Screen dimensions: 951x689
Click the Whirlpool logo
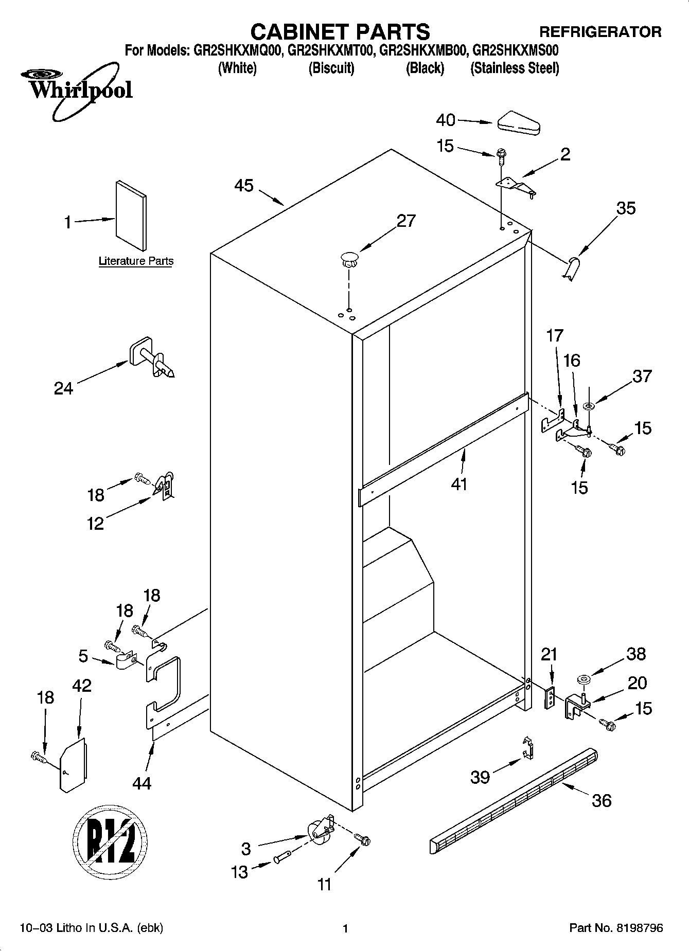pos(77,89)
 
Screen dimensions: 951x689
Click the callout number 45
pos(244,186)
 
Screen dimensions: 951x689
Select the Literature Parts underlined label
pos(136,261)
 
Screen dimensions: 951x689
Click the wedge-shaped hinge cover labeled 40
pos(518,122)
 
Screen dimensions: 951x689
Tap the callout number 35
pos(626,208)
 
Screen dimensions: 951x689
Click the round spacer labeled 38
pos(584,680)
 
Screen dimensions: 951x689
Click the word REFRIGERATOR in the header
pos(600,32)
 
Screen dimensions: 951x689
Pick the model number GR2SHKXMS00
pos(515,51)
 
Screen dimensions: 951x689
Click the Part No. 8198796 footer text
pos(616,928)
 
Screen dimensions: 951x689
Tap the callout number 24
pos(63,388)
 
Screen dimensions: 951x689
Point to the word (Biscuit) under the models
pos(331,68)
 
